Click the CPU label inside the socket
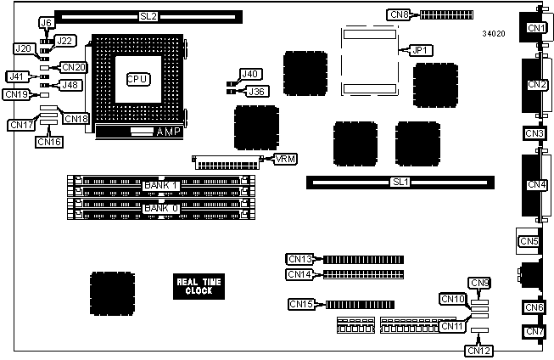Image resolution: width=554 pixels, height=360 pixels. (137, 79)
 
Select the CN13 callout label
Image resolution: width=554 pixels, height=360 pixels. (301, 258)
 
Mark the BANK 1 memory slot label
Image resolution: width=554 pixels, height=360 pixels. (161, 185)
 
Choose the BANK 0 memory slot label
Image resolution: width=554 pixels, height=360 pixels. (161, 208)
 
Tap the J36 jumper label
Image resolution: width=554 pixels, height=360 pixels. (256, 91)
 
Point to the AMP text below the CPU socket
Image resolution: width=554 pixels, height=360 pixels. (169, 132)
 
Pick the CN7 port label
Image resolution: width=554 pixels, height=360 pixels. (534, 331)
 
